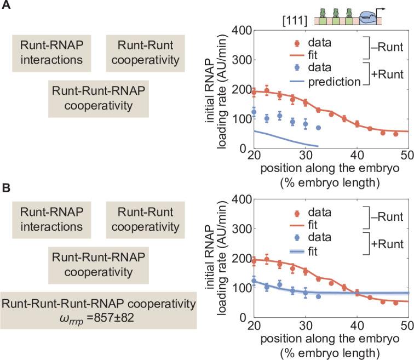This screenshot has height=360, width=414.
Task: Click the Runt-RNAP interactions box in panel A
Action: point(51,53)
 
